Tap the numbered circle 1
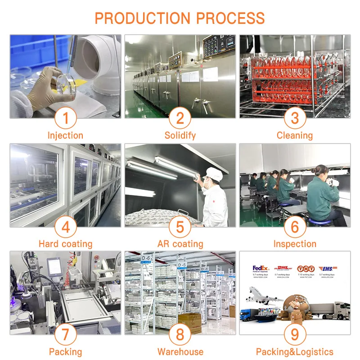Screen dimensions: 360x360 click(x=66, y=118)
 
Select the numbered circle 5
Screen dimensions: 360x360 click(x=180, y=227)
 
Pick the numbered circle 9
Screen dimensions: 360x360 click(x=295, y=335)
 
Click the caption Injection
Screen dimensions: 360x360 click(x=66, y=135)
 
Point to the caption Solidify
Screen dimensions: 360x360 click(x=180, y=135)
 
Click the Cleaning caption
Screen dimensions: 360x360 click(x=295, y=135)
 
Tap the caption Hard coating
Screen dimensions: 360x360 click(x=66, y=244)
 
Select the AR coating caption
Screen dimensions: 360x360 click(x=180, y=244)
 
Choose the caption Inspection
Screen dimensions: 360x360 click(x=295, y=244)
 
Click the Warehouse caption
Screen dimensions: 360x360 click(x=180, y=352)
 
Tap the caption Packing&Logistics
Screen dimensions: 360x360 click(x=295, y=352)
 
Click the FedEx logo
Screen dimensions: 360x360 click(x=261, y=268)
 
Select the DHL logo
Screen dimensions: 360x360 click(x=283, y=269)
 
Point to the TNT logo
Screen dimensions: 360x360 click(x=306, y=269)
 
